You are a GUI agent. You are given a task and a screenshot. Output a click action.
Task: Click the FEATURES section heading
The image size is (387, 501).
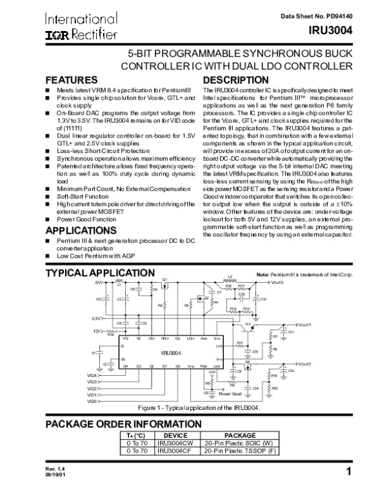[70, 79]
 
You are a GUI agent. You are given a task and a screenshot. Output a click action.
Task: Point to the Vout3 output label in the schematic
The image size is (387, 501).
[277, 283]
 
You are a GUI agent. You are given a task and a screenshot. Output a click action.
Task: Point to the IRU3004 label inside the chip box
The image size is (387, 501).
[171, 353]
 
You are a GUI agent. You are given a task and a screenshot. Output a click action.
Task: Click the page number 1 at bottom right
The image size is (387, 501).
[348, 489]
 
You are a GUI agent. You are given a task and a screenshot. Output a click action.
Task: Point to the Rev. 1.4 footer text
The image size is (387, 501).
[54, 485]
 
